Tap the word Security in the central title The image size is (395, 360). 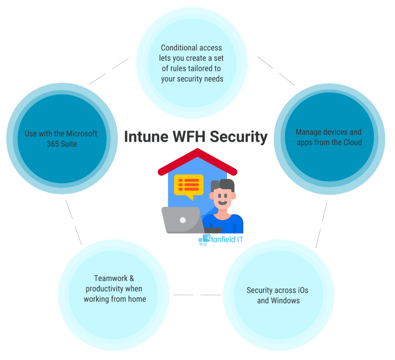pyautogui.click(x=241, y=137)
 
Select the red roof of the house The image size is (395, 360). pyautogui.click(x=196, y=157)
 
